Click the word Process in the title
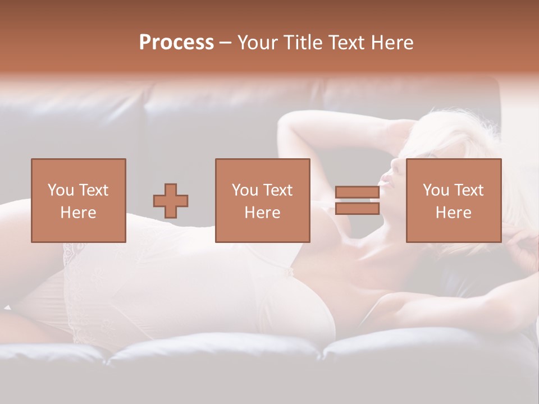pos(176,43)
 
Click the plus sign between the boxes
pos(171,201)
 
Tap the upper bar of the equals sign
pos(357,192)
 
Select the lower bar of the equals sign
pos(357,209)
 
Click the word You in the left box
pos(60,190)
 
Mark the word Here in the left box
pos(78,213)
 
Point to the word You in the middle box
pos(244,190)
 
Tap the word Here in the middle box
pos(263,213)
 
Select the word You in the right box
pos(435,190)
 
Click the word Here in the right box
pos(454,213)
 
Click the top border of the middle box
pos(263,159)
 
